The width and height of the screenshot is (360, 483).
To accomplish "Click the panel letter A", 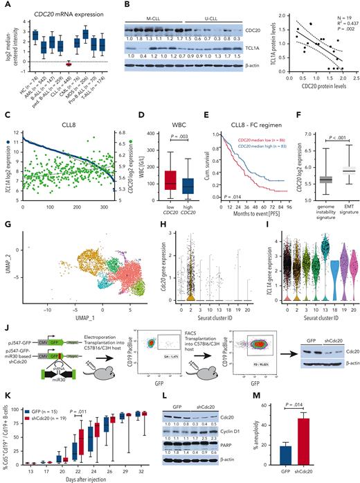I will click(x=5, y=5).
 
